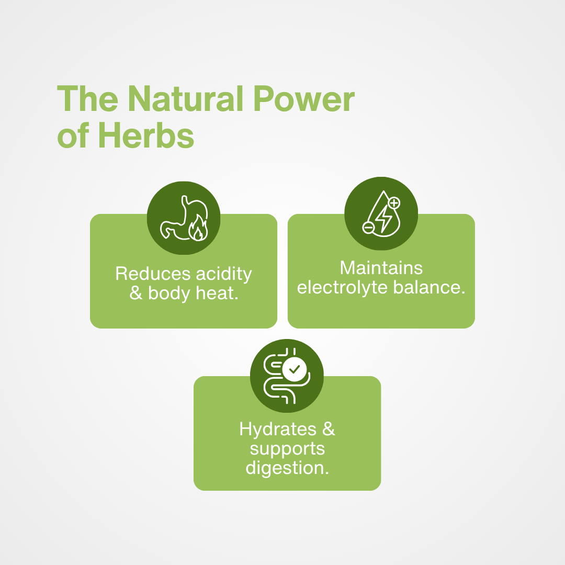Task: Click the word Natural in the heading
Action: tap(186, 98)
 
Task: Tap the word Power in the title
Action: tap(304, 98)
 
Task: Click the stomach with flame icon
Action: tap(184, 218)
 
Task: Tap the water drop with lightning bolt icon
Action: tap(381, 213)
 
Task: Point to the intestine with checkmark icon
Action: tap(287, 376)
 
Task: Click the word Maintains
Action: tap(381, 268)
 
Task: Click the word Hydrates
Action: tap(278, 430)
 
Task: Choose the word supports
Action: tap(287, 449)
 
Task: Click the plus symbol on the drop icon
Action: tap(394, 203)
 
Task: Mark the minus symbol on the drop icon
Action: tap(368, 228)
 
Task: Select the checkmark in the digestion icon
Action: tap(295, 369)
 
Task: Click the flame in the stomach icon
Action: tap(198, 228)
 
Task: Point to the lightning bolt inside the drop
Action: tap(384, 219)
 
